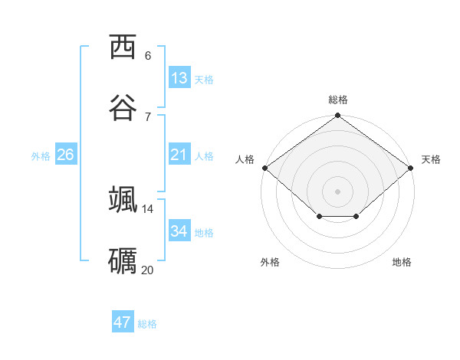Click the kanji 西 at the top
123,47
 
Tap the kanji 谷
123,108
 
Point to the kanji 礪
123,260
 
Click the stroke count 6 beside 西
148,56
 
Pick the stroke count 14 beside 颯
148,208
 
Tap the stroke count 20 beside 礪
148,270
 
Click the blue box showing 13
179,78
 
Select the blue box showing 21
179,155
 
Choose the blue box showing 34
179,231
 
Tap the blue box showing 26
65,155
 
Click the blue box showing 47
123,322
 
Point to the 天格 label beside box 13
204,80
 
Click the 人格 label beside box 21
204,156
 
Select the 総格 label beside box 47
147,324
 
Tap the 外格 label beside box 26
41,156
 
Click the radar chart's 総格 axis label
338,100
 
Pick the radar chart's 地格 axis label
402,262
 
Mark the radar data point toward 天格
411,168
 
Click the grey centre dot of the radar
338,191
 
